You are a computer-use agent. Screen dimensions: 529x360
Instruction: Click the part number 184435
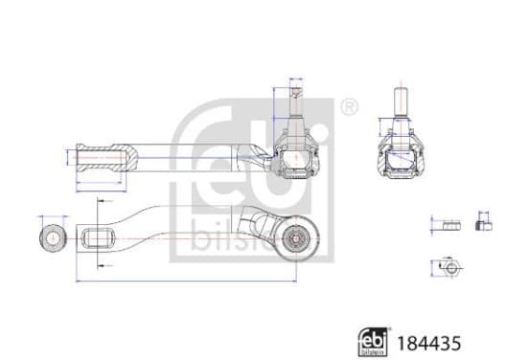(428, 344)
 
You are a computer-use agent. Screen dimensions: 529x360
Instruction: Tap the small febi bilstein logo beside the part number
(373, 342)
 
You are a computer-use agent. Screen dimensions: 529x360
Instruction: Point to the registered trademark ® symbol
(349, 107)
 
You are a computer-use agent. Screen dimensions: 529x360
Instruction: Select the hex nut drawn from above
(450, 268)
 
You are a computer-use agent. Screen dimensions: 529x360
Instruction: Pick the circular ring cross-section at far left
(53, 238)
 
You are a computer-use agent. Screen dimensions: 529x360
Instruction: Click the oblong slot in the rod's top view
(98, 238)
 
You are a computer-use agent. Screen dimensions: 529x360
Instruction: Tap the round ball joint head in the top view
(296, 238)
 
